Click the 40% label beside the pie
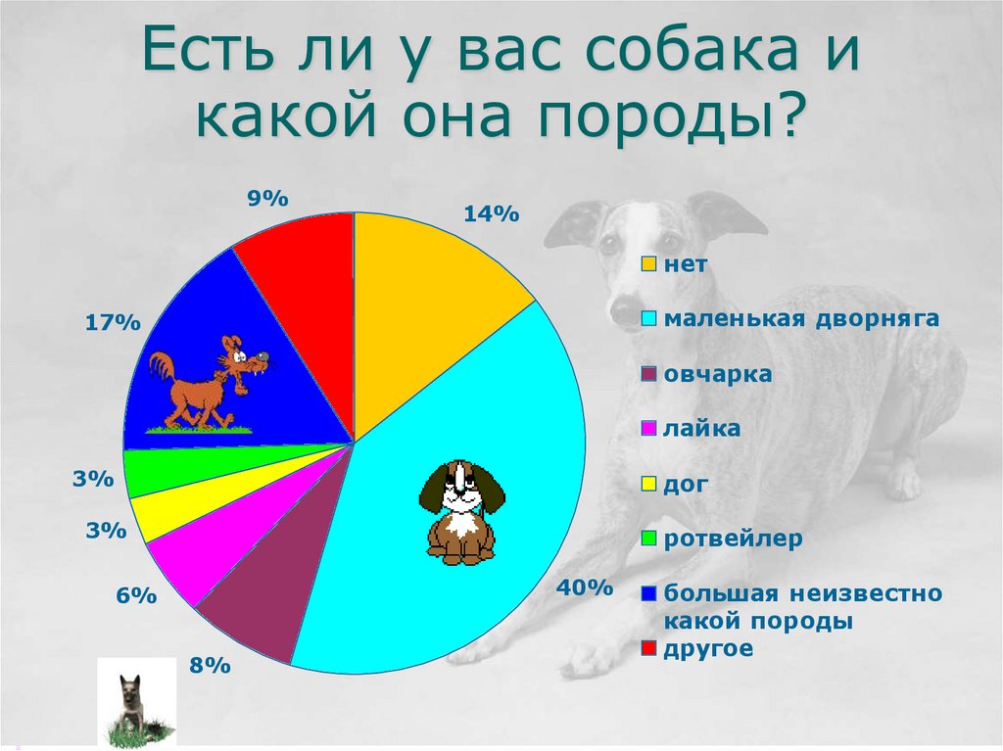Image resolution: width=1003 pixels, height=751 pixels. point(584,588)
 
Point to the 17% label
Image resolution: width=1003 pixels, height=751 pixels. point(114,323)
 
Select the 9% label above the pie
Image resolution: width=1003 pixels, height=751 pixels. point(267,199)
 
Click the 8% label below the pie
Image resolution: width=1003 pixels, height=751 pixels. point(210,667)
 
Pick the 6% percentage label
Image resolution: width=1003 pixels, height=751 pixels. point(136,595)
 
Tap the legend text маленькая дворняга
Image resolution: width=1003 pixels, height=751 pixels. point(801,318)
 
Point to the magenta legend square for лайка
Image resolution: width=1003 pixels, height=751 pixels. point(648,429)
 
